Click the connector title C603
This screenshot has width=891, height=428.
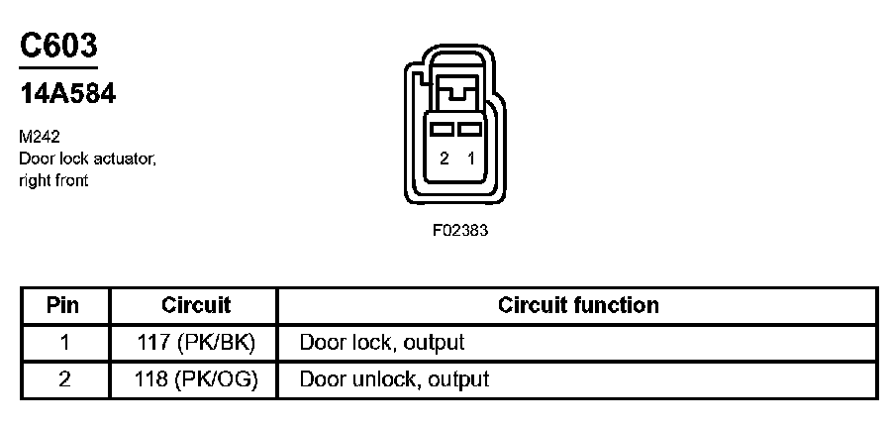[59, 47]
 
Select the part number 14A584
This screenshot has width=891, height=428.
[68, 94]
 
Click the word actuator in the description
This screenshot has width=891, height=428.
[122, 160]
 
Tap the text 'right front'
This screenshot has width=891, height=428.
[53, 180]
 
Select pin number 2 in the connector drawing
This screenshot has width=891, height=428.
[445, 159]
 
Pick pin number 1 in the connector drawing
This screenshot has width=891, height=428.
[470, 159]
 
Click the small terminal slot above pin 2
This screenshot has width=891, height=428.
[445, 129]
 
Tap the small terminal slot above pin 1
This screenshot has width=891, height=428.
[470, 129]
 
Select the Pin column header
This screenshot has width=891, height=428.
[63, 305]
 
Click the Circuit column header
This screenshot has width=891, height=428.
[196, 305]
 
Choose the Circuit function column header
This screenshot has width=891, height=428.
[578, 305]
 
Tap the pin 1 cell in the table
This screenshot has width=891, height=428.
[63, 343]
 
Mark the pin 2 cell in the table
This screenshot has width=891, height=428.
[63, 378]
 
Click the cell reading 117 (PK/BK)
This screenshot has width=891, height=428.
[196, 343]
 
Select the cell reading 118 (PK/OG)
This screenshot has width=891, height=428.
[196, 378]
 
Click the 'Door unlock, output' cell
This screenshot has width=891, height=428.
[394, 378]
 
